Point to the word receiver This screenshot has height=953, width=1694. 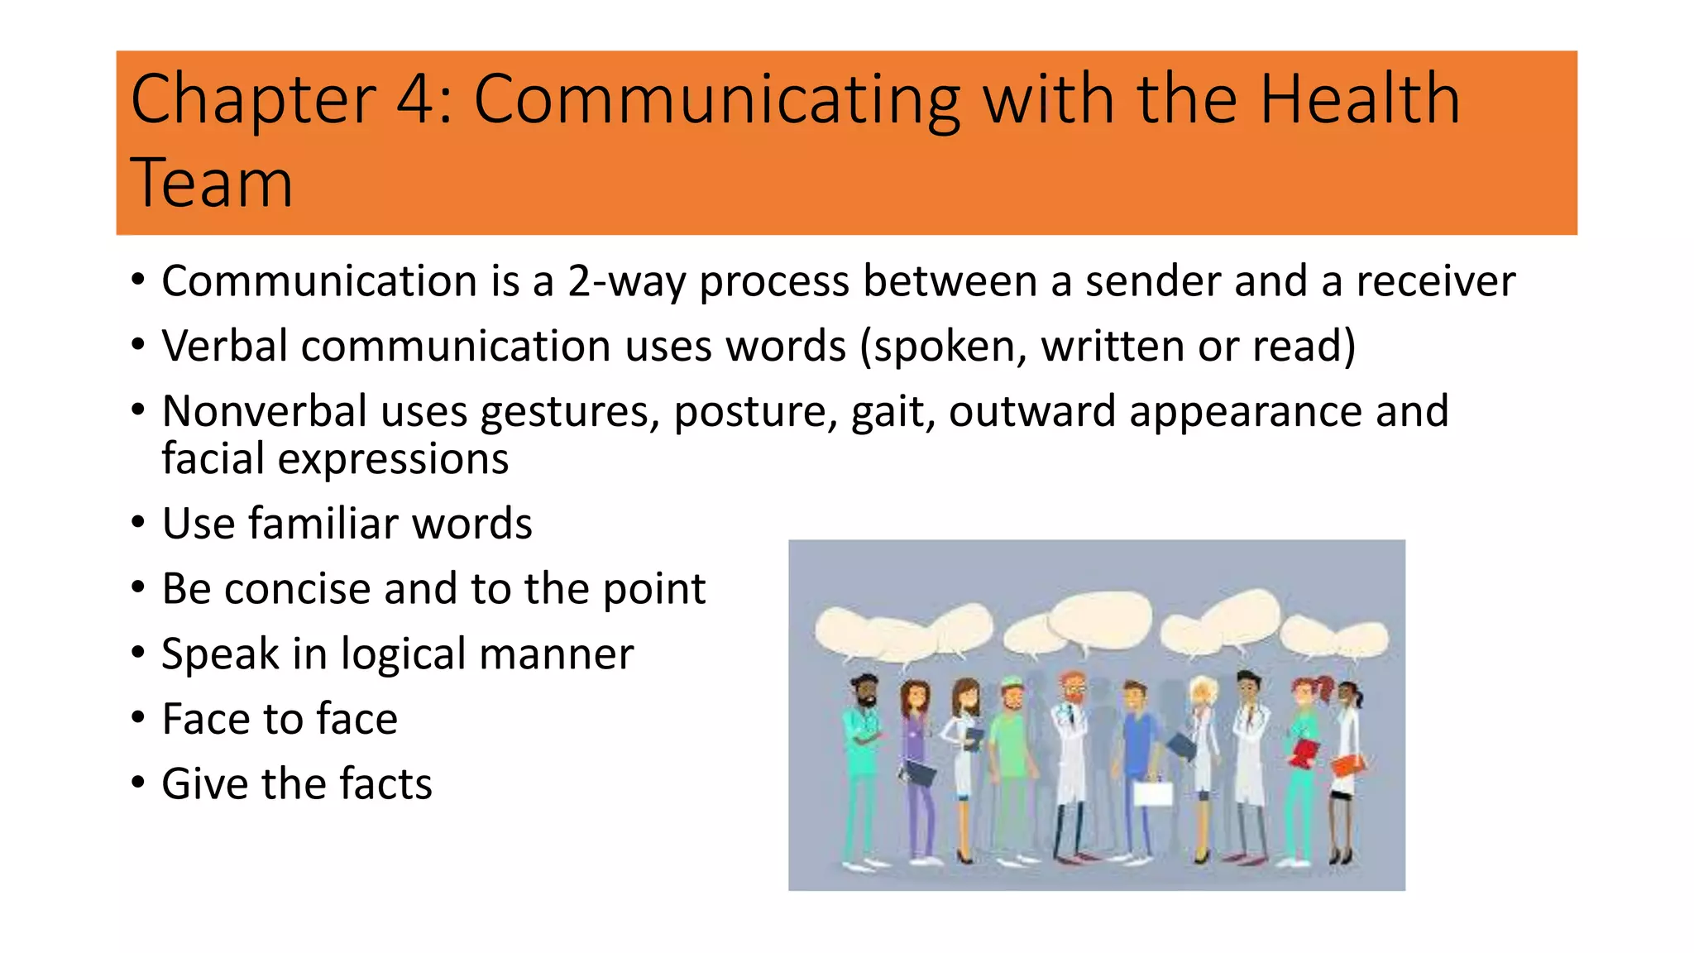(x=1435, y=281)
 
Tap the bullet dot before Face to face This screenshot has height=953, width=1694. (x=138, y=717)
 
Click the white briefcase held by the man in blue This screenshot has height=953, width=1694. (x=1152, y=794)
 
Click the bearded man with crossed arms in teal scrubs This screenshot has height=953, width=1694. (x=862, y=745)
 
